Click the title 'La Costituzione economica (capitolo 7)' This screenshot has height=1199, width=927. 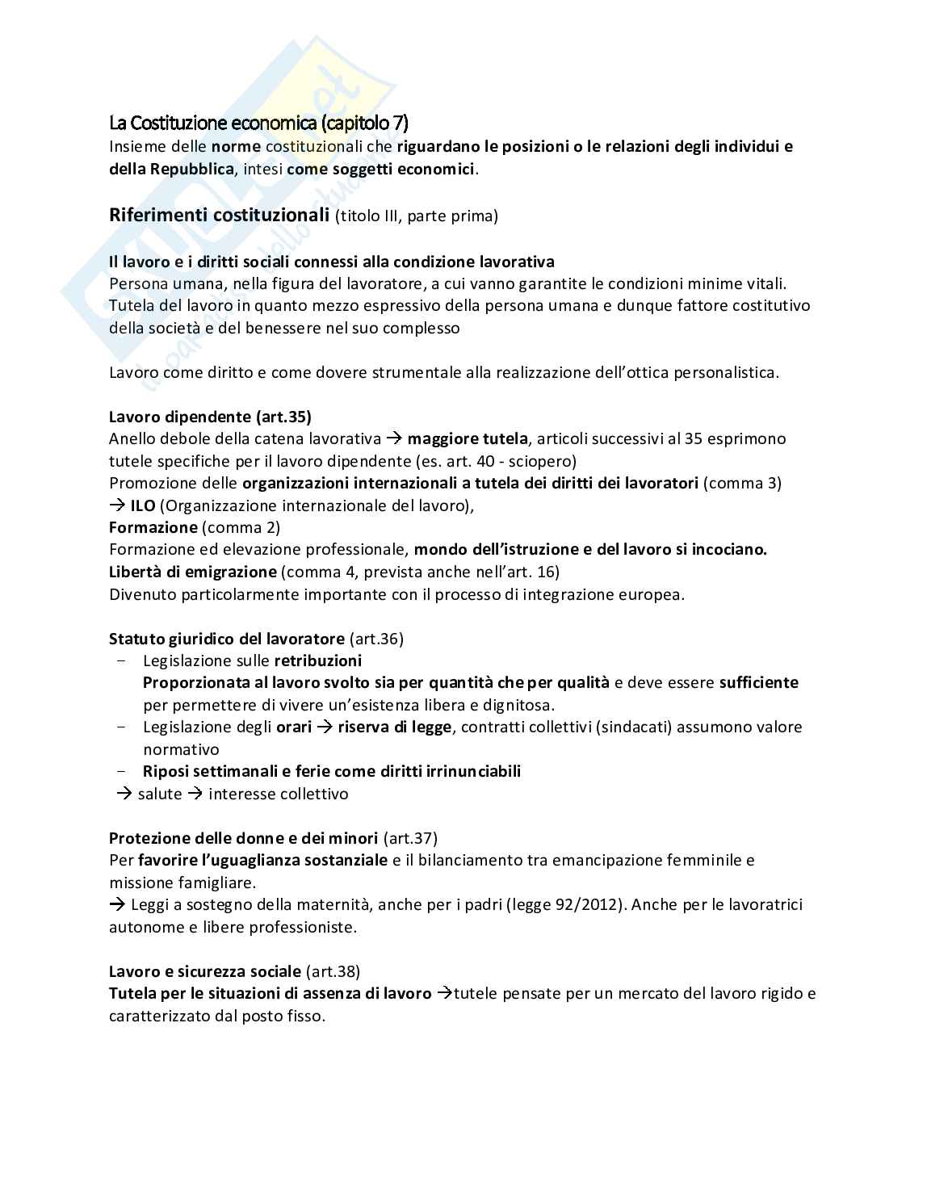coord(258,124)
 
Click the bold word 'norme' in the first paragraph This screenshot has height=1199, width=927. coord(235,146)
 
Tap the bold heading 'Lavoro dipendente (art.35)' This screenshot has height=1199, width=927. coord(210,417)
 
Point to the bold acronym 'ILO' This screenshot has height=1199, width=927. coord(142,505)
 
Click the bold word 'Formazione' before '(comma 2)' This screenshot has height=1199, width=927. coord(153,527)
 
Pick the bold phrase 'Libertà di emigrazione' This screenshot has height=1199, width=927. coord(192,572)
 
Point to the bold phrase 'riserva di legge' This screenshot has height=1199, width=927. coord(394,727)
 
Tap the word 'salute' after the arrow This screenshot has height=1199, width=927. coord(160,794)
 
